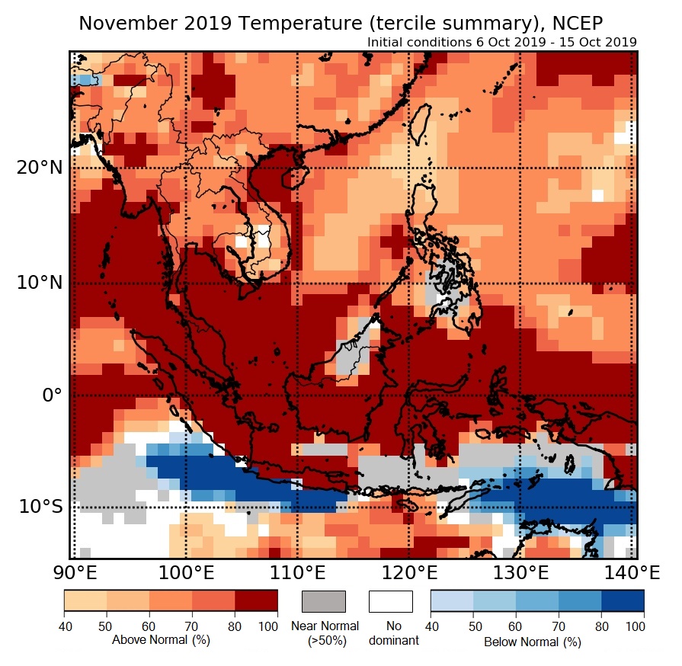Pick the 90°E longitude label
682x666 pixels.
pyautogui.click(x=73, y=572)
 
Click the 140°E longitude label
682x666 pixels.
pyautogui.click(x=629, y=572)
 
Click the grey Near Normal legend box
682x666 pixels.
pyautogui.click(x=324, y=601)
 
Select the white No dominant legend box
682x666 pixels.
pyautogui.click(x=390, y=601)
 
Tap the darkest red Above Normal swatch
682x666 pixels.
pyautogui.click(x=256, y=601)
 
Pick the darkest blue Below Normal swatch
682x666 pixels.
pyautogui.click(x=623, y=601)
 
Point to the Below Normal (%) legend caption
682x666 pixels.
pyautogui.click(x=533, y=642)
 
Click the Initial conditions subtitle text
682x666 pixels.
pyautogui.click(x=501, y=42)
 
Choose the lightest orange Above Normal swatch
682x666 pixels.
pyautogui.click(x=85, y=601)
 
